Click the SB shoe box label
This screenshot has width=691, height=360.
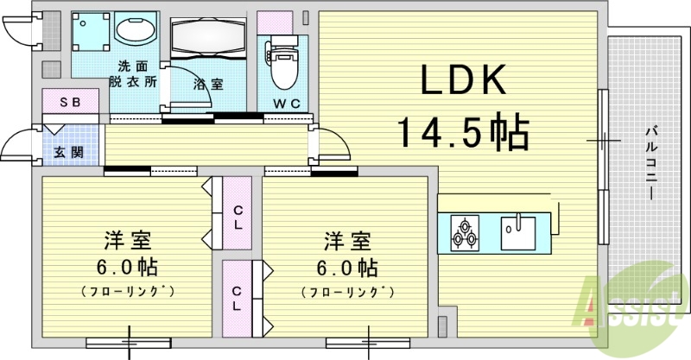[x=70, y=102]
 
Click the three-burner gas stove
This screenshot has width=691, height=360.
[x=465, y=231]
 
